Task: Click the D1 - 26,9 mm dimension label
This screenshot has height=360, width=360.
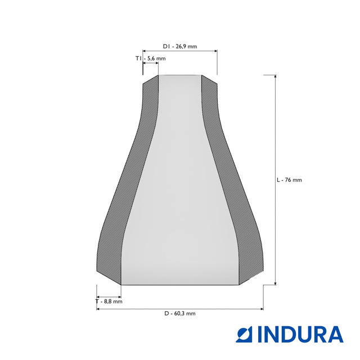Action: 180,46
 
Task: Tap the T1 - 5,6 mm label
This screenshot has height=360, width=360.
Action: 150,58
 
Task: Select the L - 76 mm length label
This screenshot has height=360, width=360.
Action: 289,180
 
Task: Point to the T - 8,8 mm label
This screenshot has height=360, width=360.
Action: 109,301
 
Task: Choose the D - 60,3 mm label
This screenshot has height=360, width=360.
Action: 180,313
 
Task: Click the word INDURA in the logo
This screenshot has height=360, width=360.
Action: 300,334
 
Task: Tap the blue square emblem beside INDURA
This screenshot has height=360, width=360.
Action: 244,334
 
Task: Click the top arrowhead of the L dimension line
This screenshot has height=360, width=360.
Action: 275,76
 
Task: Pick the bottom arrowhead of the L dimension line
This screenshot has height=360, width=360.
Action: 275,283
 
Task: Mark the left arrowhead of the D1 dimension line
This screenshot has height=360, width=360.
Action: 145,51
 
